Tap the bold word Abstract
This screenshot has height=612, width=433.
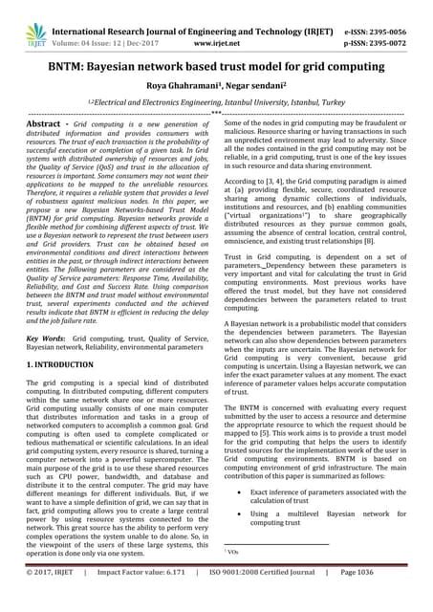[47, 139]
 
